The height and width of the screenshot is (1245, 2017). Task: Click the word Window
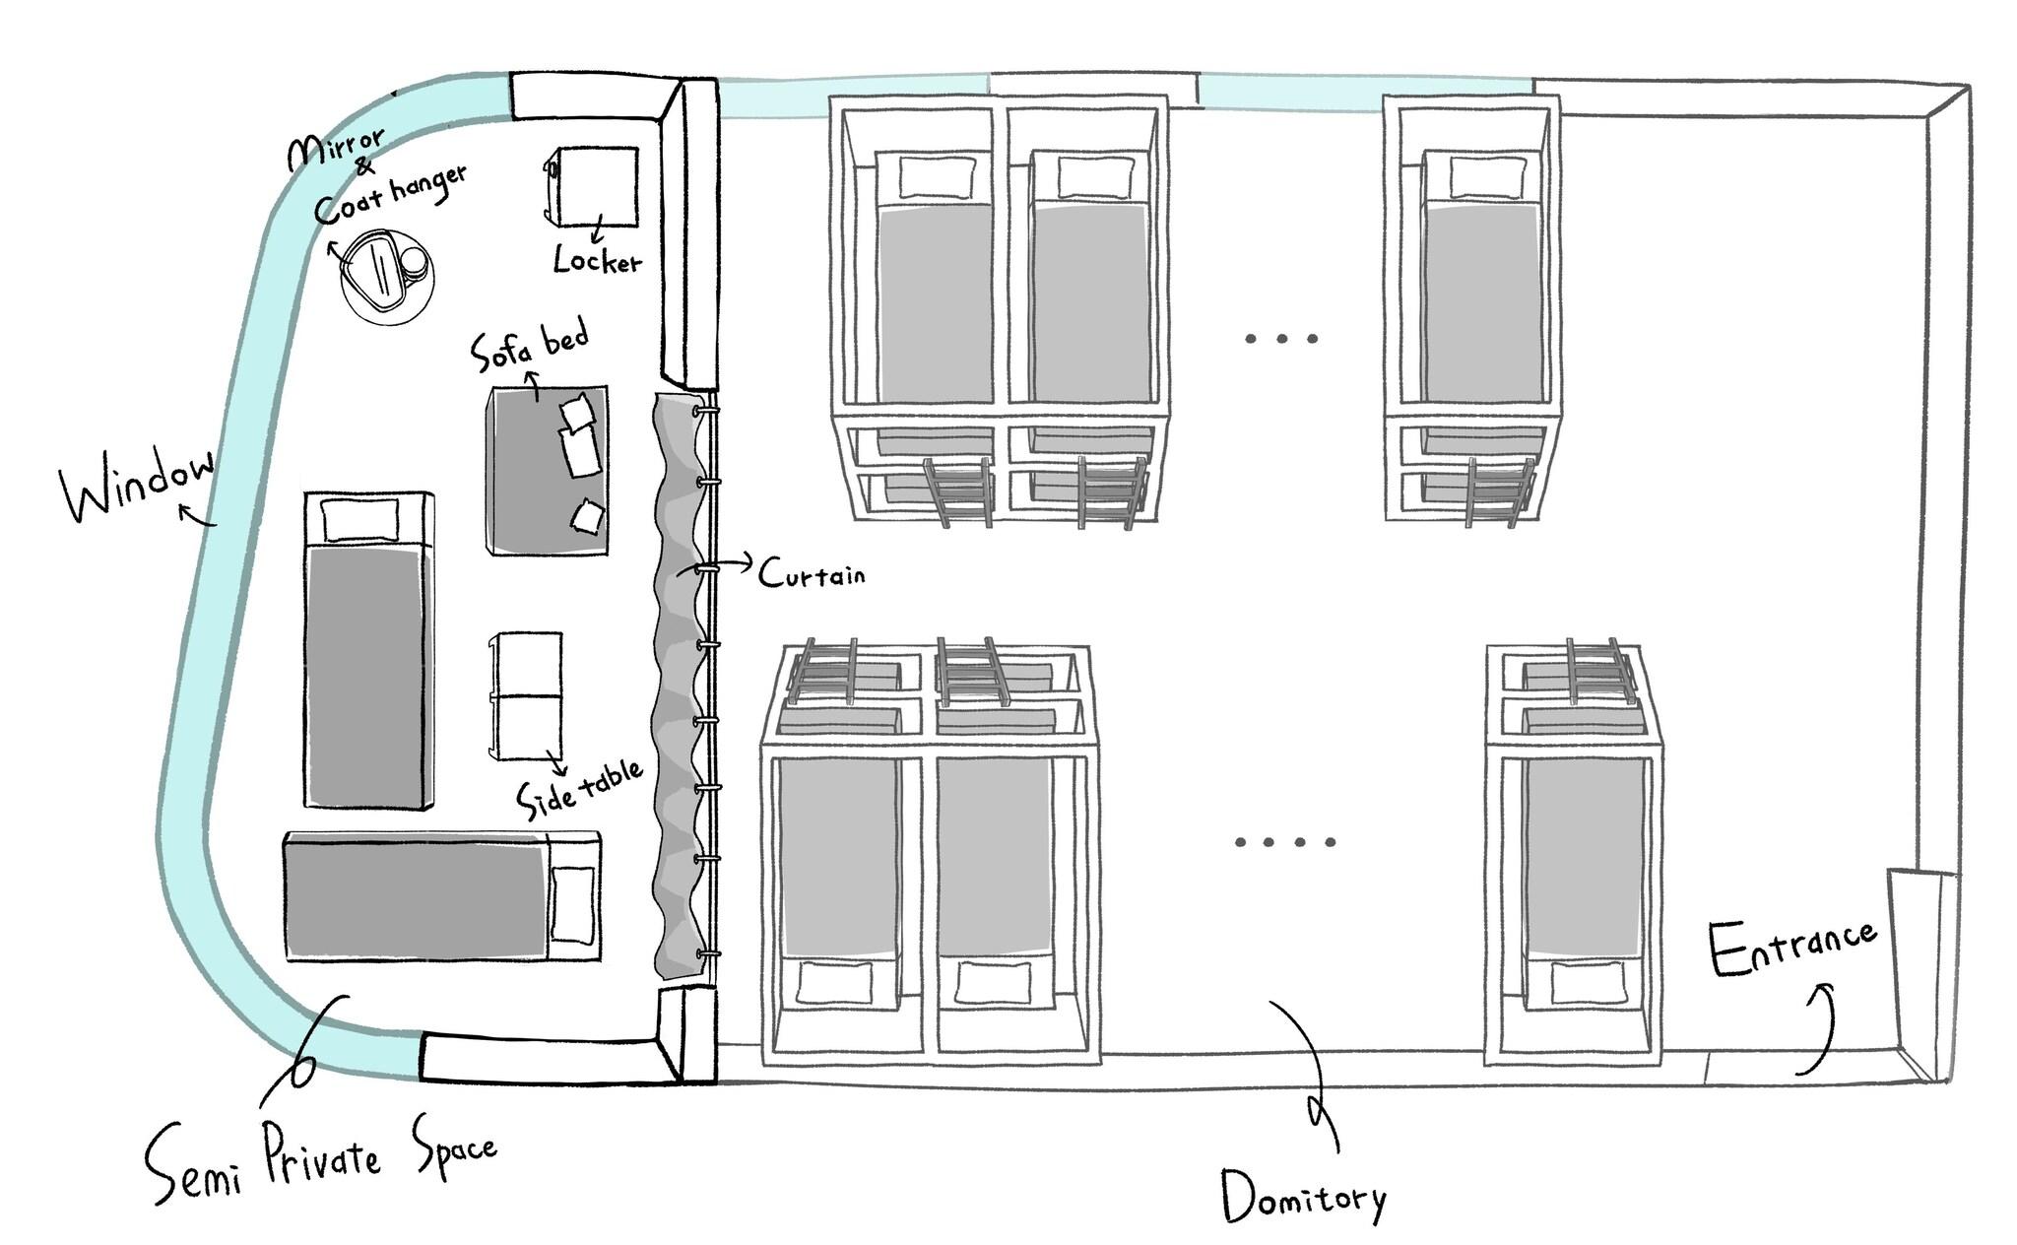click(138, 487)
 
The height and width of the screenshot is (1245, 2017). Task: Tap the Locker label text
click(597, 260)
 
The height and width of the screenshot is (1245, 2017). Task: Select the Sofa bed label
click(530, 347)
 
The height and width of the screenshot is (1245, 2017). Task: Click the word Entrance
click(1791, 947)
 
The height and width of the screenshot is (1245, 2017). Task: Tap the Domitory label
click(1303, 1197)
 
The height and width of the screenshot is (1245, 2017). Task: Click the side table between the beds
click(525, 695)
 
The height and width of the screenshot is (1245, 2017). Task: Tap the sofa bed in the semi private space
click(547, 471)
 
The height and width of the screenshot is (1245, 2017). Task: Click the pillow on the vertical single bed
click(362, 519)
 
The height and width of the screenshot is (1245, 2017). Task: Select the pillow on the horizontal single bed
click(572, 904)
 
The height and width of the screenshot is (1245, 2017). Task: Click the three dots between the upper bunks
click(1281, 339)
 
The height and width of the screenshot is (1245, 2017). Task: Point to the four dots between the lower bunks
click(1285, 842)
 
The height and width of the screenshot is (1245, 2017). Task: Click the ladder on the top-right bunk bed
click(1500, 490)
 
